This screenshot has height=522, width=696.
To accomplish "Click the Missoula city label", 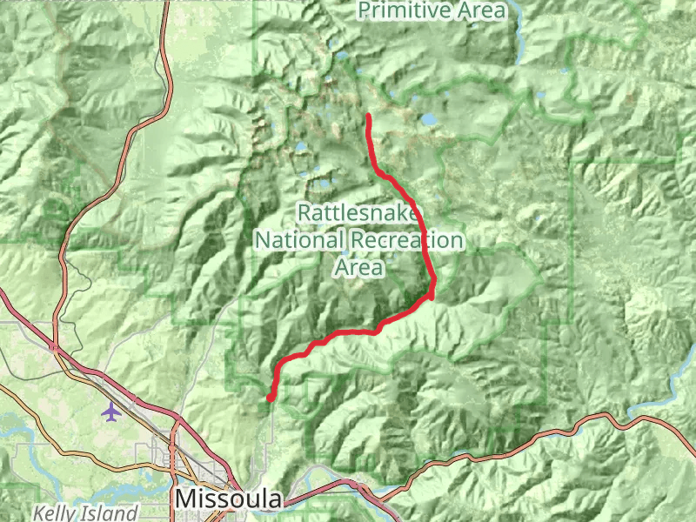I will [229, 499].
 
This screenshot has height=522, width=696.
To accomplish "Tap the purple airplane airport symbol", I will [110, 410].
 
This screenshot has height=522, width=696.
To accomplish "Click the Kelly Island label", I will [85, 513].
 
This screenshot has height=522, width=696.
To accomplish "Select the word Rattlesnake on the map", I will [359, 211].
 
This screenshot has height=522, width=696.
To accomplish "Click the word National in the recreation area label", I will [299, 239].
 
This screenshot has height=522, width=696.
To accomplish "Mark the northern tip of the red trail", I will [369, 116].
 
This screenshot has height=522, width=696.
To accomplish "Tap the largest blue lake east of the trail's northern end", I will [429, 120].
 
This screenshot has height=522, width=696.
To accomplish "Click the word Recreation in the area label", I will [407, 239].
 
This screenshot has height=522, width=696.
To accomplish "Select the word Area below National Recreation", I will [358, 267].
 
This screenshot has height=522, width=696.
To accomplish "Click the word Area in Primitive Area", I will [485, 10].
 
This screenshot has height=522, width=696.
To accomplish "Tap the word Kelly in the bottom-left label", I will [54, 513].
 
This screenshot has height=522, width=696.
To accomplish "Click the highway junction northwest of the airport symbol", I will [54, 347].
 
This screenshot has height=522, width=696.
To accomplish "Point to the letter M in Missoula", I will [185, 499].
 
